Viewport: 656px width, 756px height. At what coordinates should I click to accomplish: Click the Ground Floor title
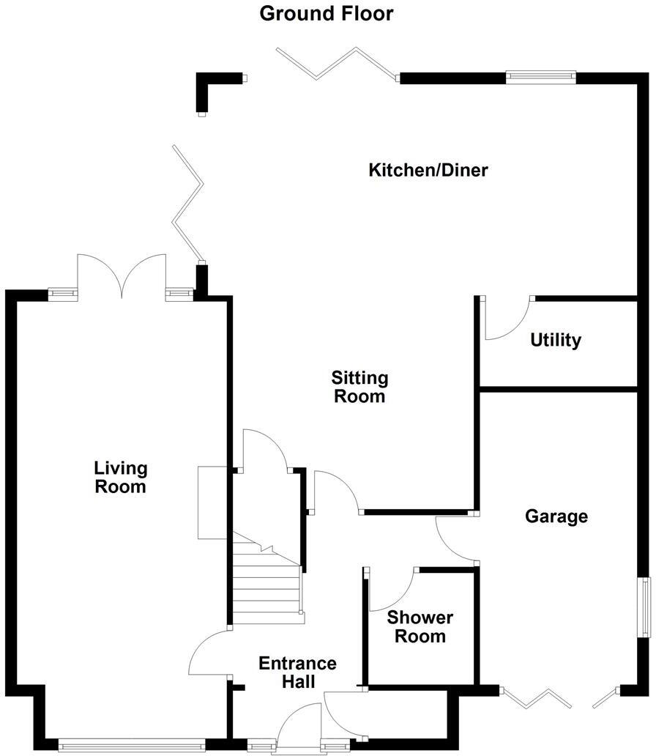327,13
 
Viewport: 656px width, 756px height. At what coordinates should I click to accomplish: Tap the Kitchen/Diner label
428,171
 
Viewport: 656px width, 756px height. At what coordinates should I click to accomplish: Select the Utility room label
556,340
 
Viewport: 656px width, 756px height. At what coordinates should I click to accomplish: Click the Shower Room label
420,626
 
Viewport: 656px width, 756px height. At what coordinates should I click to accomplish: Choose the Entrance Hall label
298,672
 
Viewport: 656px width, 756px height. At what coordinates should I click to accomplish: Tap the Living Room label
121,477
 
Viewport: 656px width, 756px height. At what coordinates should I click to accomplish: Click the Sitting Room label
359,388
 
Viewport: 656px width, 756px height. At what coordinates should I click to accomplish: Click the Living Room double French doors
122,275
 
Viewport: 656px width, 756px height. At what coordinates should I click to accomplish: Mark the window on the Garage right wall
644,607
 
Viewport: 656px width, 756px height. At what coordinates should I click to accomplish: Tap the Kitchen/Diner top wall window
541,77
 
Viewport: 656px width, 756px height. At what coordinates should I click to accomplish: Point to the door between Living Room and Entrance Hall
208,653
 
